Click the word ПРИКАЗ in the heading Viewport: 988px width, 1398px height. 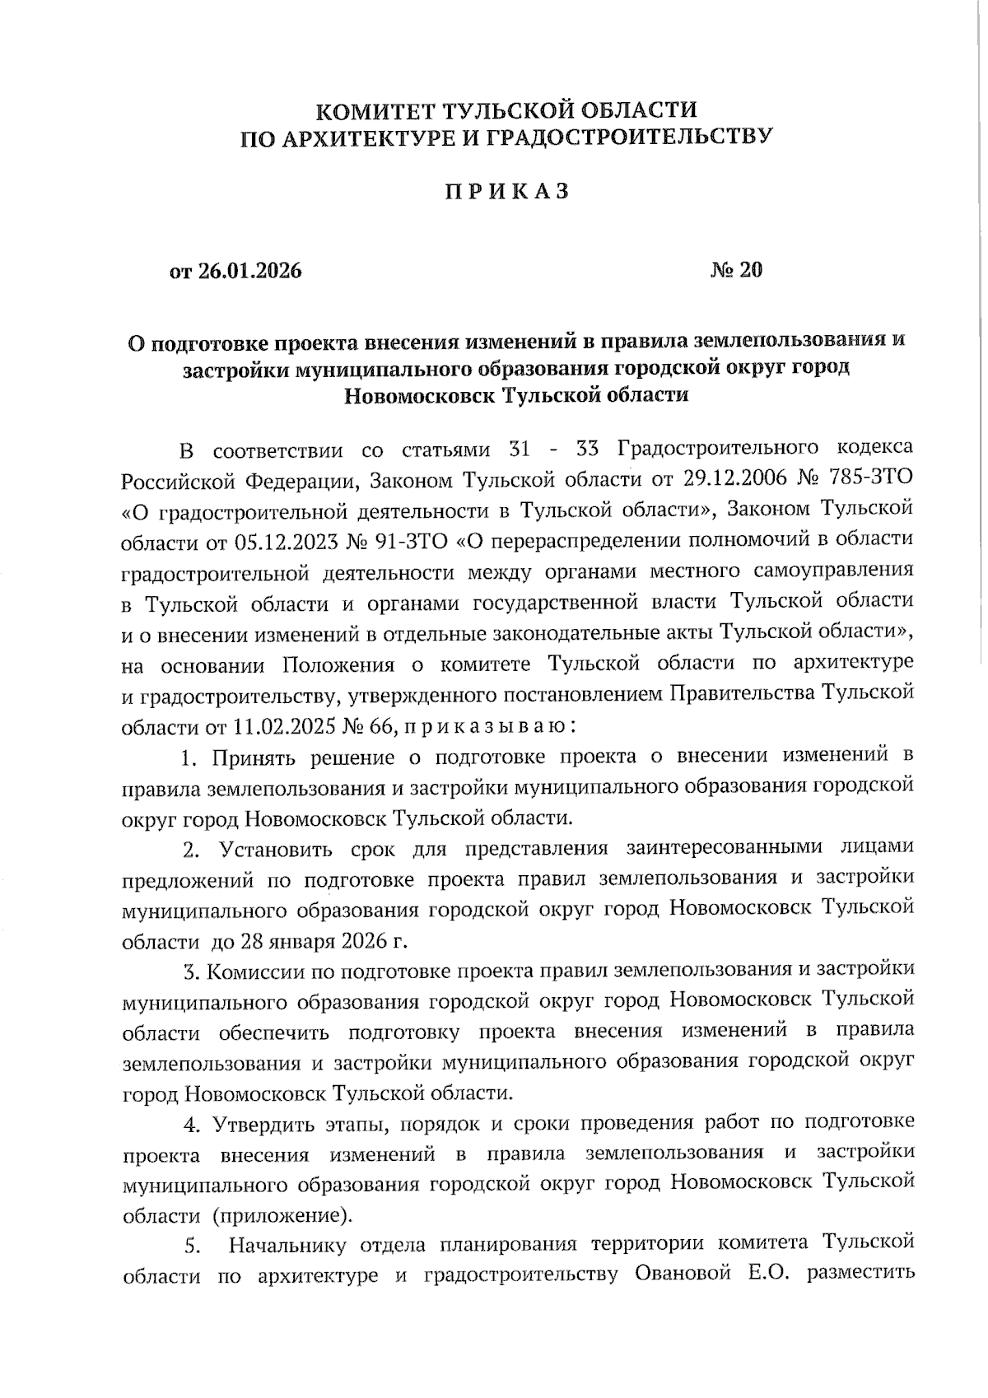pyautogui.click(x=507, y=192)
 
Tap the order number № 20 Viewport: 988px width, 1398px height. pyautogui.click(x=737, y=269)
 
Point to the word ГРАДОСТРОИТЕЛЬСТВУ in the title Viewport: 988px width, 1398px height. pyautogui.click(x=627, y=137)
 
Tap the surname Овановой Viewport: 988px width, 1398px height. pyautogui.click(x=683, y=1275)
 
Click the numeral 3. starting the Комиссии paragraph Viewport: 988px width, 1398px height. pyautogui.click(x=193, y=972)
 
